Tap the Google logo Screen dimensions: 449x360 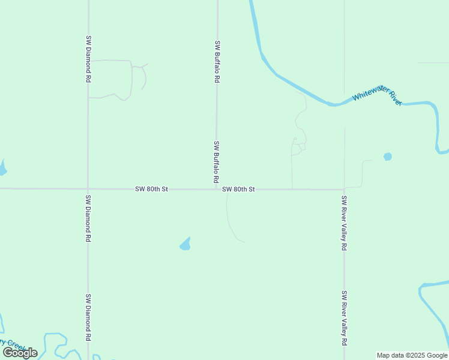[x=20, y=353]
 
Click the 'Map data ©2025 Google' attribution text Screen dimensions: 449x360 [x=412, y=355]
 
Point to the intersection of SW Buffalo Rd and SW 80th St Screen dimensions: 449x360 [x=217, y=189]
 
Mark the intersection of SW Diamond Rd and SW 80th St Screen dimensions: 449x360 [x=88, y=188]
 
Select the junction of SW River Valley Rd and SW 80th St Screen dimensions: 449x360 [x=344, y=190]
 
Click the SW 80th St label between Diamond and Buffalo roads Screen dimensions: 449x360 [x=151, y=189]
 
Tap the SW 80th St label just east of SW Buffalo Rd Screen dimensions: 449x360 [x=238, y=189]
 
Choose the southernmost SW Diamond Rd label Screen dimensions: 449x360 [x=88, y=317]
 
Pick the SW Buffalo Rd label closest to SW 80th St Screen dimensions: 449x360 [x=216, y=162]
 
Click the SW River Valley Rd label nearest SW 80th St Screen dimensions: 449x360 [x=344, y=223]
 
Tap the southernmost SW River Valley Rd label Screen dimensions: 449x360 [x=344, y=318]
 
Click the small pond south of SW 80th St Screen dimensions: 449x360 [x=185, y=244]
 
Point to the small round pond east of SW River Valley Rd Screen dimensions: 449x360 [x=388, y=157]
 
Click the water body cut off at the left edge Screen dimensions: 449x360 [x=2, y=168]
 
